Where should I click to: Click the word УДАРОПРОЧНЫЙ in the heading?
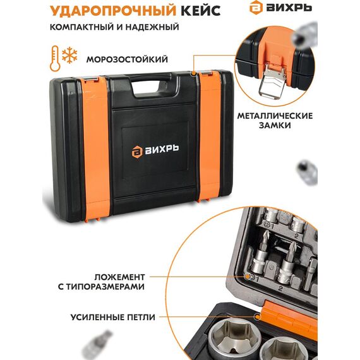click(113, 11)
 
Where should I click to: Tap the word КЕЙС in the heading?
click(201, 11)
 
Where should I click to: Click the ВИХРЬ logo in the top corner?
click(280, 8)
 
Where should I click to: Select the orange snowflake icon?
click(70, 56)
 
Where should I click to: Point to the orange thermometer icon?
click(55, 58)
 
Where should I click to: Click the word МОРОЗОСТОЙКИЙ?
click(127, 59)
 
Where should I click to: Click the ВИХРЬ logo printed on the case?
click(155, 152)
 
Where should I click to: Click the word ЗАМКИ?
click(275, 125)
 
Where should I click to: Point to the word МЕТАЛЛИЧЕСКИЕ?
click(275, 116)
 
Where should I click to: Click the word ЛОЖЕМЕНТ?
click(119, 277)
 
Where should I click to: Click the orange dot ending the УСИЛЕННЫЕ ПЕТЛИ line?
click(258, 317)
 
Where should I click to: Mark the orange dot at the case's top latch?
click(194, 73)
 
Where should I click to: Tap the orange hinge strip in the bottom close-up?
click(290, 317)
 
